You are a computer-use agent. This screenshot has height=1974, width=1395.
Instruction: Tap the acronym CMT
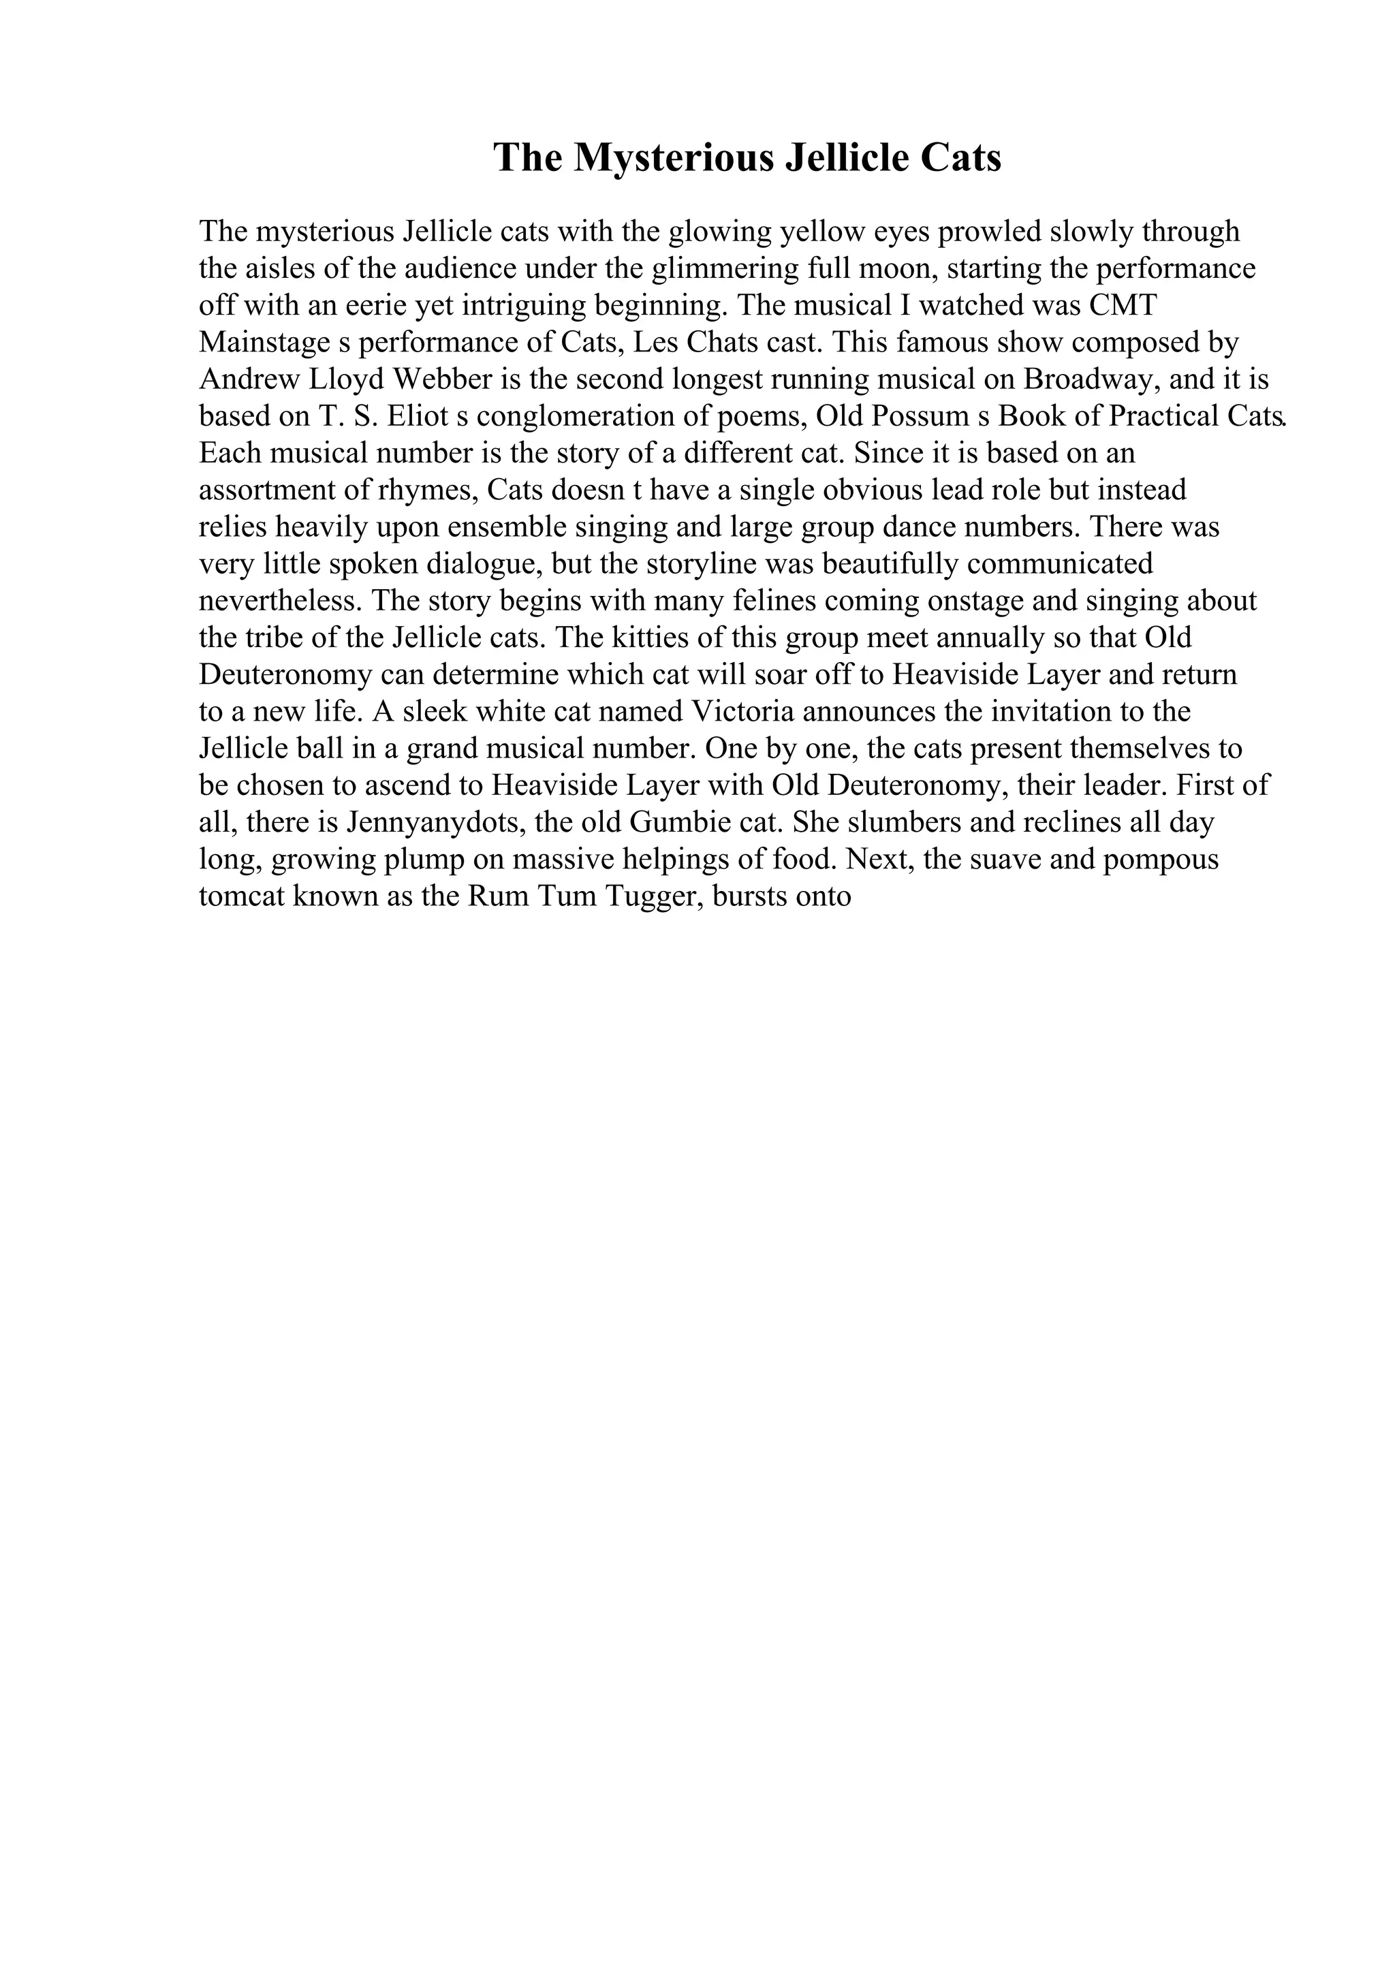tap(1123, 305)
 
